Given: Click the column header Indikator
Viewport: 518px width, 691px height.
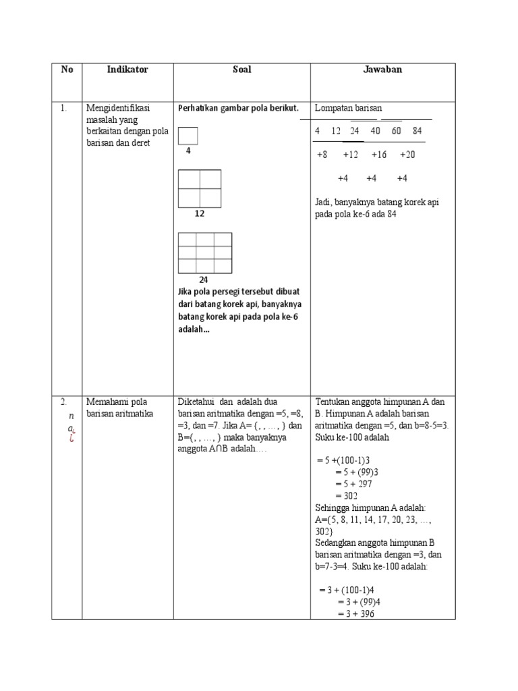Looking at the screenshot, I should [127, 70].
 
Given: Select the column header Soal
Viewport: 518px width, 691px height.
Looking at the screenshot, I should [241, 70].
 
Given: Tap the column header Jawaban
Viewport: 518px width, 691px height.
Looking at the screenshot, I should [382, 70].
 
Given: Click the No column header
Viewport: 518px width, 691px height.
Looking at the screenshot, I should [67, 70].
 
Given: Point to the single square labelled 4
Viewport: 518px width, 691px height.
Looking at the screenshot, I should [188, 136].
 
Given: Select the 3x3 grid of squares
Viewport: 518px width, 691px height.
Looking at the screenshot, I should [205, 252].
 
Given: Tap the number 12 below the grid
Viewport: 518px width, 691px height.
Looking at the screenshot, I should [200, 213].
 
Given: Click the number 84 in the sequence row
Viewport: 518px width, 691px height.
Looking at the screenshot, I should [417, 130].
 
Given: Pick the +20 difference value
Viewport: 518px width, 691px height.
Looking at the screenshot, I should [407, 155].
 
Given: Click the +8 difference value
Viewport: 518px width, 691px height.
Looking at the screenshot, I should [322, 155].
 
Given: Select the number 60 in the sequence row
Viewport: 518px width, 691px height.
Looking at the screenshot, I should [396, 130].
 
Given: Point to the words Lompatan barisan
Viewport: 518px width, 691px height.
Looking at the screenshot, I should [348, 109].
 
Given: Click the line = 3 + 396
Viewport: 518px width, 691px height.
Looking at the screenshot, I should [353, 613].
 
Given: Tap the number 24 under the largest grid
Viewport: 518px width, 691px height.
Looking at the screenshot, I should [203, 279].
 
